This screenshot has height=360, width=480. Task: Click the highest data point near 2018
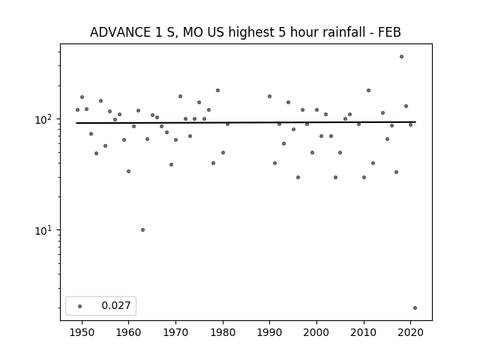(401, 57)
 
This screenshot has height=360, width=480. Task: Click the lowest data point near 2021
(415, 308)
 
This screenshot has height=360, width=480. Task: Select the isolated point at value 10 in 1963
(142, 230)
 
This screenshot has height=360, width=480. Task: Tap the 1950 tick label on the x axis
(82, 332)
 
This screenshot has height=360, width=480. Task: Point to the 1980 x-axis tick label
(223, 332)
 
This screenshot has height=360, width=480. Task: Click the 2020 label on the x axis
(410, 332)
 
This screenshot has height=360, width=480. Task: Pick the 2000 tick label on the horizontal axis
(316, 332)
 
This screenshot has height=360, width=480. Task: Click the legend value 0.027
(116, 305)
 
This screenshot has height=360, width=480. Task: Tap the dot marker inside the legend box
(79, 306)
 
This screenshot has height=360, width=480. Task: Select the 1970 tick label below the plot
(175, 332)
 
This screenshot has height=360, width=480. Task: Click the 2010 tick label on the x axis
(364, 332)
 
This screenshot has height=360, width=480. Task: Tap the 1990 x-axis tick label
(270, 332)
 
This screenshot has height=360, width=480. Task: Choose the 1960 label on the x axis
(128, 332)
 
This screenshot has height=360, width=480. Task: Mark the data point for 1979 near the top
(217, 90)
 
